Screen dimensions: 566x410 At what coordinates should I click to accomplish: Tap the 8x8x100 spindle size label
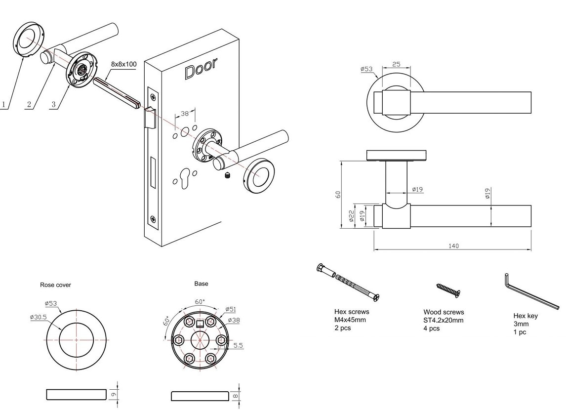pos(124,64)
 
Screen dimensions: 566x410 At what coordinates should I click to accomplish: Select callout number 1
pos(4,105)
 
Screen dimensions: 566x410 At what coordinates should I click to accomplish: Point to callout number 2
pos(29,105)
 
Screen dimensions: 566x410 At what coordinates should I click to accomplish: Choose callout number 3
pos(53,105)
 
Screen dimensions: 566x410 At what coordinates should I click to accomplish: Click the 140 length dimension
pos(453,246)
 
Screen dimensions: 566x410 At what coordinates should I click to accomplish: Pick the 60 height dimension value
pos(338,194)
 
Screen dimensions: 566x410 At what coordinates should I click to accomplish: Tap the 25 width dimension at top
pos(396,64)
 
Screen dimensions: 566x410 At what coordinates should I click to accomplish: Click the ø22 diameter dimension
pos(351,216)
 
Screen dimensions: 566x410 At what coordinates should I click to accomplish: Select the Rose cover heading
pos(56,285)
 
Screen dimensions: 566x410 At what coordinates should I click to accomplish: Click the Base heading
pos(201,284)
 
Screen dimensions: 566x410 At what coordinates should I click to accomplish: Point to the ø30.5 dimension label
pos(39,317)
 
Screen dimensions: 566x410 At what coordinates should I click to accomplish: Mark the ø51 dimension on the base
pos(231,309)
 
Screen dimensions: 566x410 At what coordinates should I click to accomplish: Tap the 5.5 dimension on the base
pos(238,345)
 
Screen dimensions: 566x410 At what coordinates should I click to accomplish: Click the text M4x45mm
pos(350,320)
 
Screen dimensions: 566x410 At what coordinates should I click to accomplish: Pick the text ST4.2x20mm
pos(444,320)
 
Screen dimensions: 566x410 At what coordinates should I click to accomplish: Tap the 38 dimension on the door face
pos(184,114)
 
